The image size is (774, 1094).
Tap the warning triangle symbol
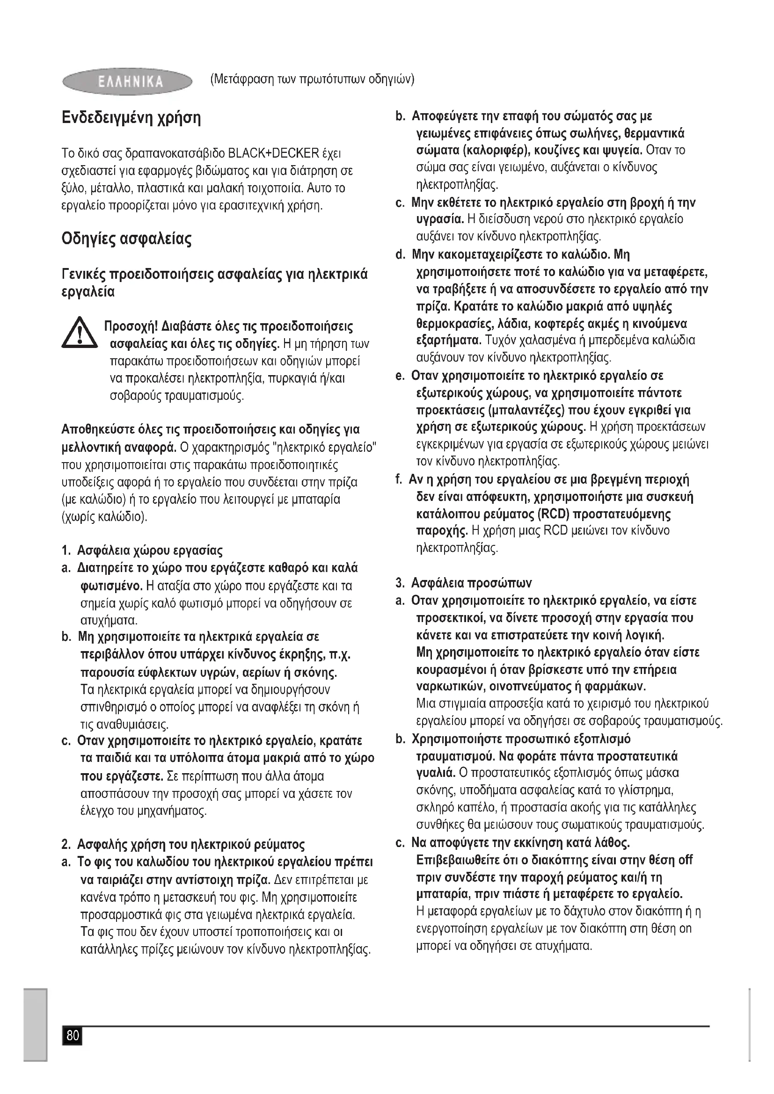coord(79,334)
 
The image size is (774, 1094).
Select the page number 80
coord(73,1035)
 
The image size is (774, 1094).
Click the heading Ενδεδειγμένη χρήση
coord(131,118)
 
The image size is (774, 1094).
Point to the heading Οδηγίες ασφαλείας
coord(127,238)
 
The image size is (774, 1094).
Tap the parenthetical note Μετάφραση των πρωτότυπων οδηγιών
coord(312,79)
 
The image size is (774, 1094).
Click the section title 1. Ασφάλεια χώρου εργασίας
coord(142,551)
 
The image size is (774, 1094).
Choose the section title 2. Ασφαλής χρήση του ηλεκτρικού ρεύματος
coord(183,845)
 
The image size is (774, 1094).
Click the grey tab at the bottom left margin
coord(35,1024)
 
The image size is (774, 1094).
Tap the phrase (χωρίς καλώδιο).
coord(104,516)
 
